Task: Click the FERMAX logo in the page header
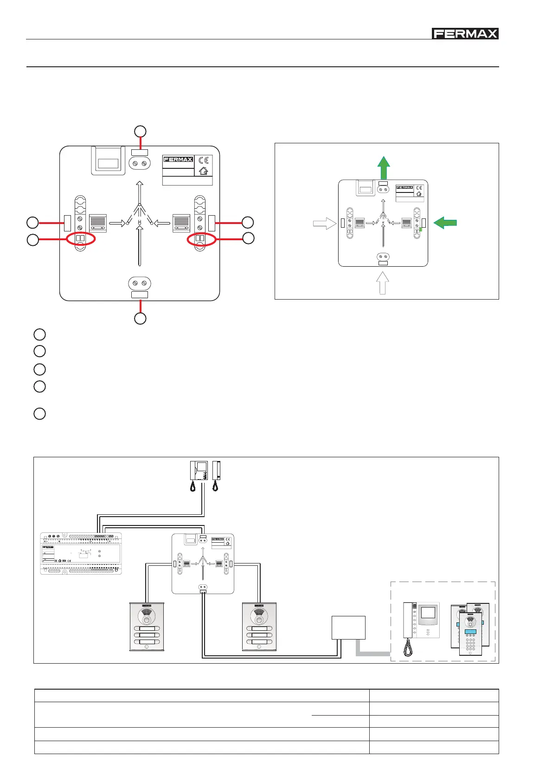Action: (465, 33)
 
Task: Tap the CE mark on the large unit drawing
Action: (204, 160)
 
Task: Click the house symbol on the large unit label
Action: (203, 171)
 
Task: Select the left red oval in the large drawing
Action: (81, 239)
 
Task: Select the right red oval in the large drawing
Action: (201, 239)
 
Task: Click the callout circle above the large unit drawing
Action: (140, 131)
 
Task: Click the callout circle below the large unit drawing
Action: (140, 318)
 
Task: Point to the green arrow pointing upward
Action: (383, 167)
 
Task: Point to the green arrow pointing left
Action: (445, 223)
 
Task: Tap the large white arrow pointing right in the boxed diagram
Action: (324, 224)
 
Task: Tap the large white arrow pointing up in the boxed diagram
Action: (382, 282)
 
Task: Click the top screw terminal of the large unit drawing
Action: (140, 164)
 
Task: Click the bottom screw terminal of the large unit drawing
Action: (140, 283)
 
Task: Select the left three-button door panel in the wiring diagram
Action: (147, 627)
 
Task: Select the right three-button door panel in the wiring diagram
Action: (259, 627)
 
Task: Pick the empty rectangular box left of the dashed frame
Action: (348, 627)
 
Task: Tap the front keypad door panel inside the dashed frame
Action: (470, 634)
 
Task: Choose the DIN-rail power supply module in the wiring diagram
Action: (81, 553)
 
